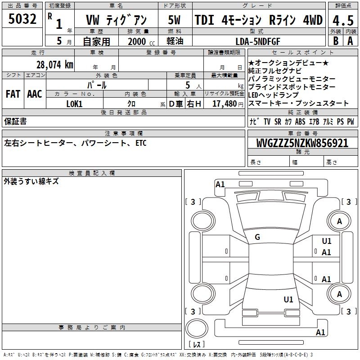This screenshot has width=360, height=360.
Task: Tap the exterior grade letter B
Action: [335, 40]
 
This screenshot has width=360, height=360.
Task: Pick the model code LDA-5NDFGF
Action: [258, 41]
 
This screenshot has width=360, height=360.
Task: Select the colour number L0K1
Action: [74, 104]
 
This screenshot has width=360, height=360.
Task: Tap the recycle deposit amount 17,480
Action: [224, 104]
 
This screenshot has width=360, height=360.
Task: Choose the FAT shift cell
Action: [13, 94]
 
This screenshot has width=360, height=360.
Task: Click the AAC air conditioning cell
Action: [34, 94]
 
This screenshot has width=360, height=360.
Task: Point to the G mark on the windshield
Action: [257, 237]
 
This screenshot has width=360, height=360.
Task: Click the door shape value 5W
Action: [175, 20]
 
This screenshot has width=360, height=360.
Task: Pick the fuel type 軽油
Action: [175, 41]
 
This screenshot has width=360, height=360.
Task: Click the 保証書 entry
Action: [15, 121]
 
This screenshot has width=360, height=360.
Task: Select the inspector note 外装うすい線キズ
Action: [31, 182]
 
